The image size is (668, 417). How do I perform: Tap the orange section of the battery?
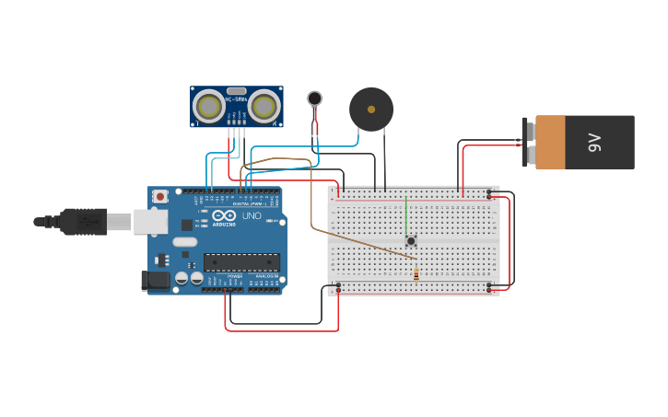coord(550,143)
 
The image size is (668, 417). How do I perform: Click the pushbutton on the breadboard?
coord(411,241)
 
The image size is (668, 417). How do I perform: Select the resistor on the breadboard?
coord(416,272)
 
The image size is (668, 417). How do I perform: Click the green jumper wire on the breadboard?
coord(405,216)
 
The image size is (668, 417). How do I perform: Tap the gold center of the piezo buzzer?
coord(371,110)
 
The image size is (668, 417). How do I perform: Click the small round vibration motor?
coord(315,98)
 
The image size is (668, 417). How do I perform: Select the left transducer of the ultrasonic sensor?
coord(208,107)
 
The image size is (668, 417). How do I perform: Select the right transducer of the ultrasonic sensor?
coord(265,107)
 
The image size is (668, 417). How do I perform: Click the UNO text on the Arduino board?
coord(252,216)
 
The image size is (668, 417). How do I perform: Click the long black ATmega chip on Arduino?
coord(241,263)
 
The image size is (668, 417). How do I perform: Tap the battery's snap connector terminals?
coord(528,142)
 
